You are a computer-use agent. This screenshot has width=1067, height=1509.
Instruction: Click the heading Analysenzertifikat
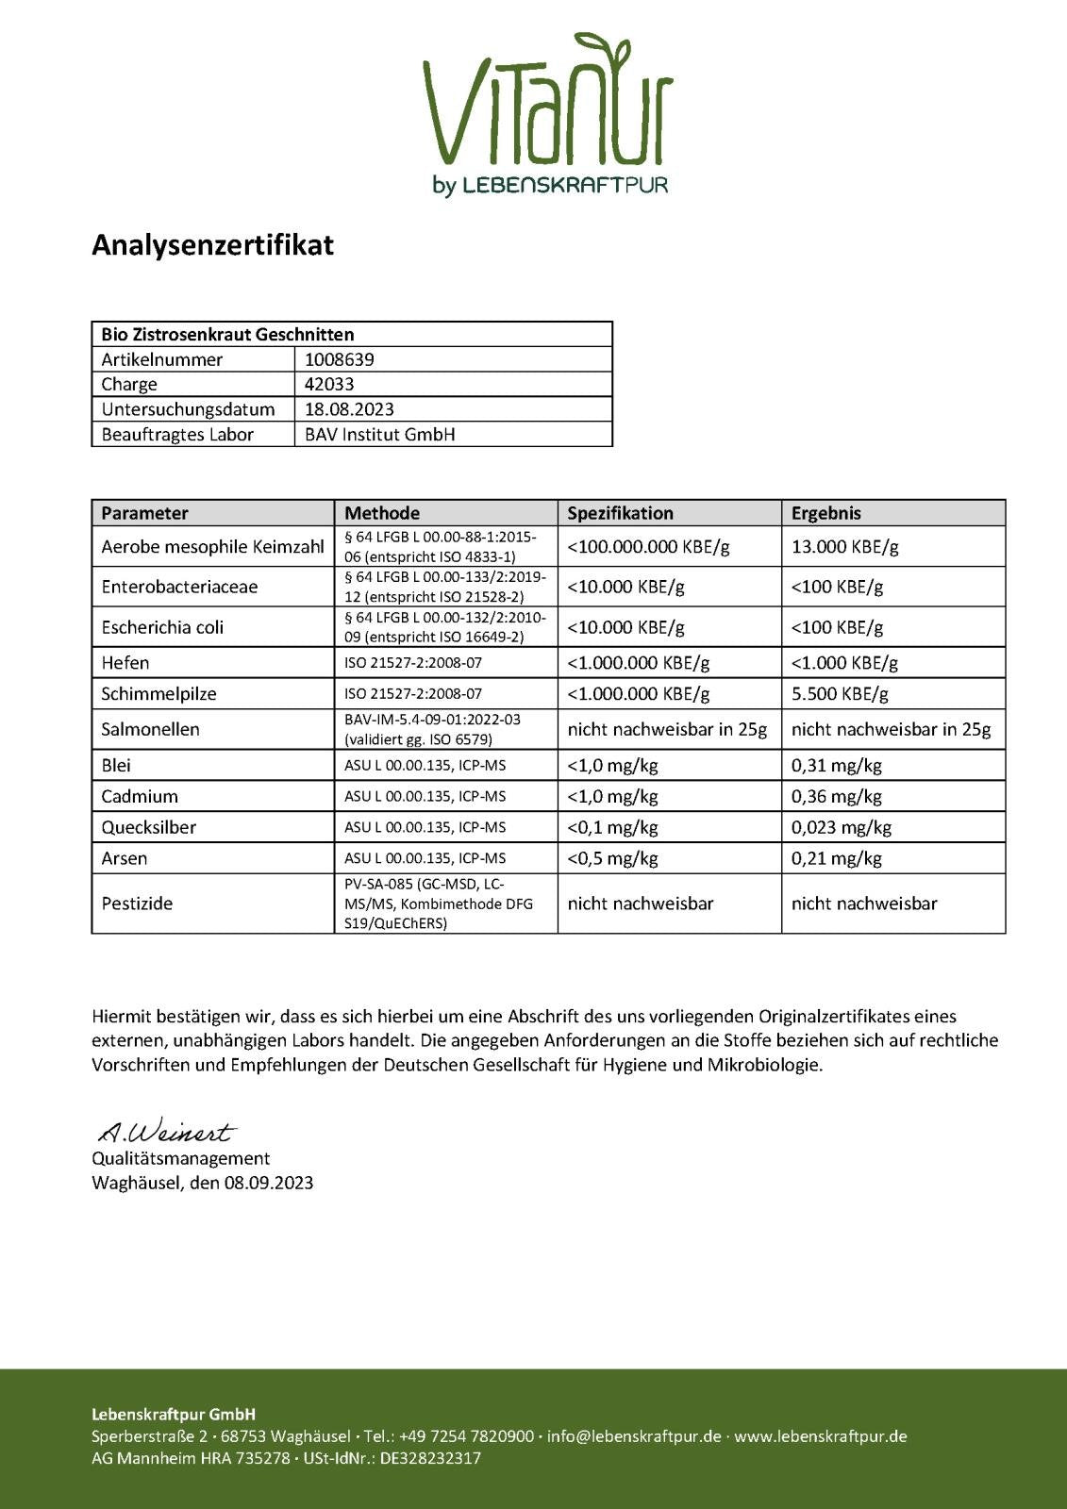212,245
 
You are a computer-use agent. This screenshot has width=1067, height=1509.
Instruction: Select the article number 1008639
340,359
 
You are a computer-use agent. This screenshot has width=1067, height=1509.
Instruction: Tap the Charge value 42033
329,384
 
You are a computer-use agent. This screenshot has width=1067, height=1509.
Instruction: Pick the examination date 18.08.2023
349,409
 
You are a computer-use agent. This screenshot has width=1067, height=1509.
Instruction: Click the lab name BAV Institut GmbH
379,435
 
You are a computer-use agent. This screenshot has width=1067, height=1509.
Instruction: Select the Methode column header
382,513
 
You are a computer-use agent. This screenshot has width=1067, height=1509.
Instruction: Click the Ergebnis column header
826,513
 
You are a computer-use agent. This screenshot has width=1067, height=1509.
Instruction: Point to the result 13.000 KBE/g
844,546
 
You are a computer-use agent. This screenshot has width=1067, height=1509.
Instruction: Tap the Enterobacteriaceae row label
179,587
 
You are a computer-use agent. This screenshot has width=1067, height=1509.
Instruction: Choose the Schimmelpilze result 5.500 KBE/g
840,694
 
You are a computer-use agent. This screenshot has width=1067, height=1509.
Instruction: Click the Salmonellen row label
150,729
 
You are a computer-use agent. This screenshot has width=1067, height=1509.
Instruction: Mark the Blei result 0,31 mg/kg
836,765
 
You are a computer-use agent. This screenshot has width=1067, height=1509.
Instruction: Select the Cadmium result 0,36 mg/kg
836,796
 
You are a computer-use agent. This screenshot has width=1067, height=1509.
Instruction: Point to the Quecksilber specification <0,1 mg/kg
612,827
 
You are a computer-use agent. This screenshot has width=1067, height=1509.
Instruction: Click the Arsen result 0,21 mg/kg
836,858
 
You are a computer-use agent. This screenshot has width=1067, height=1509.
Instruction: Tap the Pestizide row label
137,904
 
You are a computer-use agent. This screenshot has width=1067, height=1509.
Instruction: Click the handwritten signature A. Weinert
166,1131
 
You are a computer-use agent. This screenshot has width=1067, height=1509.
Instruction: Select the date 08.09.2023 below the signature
268,1183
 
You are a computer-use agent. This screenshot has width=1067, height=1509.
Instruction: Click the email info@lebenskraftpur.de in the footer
633,1436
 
